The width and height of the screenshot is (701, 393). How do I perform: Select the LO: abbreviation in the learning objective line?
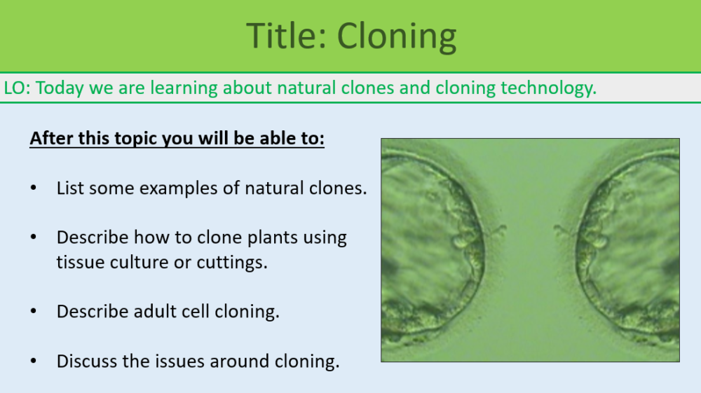point(17,88)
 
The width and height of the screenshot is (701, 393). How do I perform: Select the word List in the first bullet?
point(69,188)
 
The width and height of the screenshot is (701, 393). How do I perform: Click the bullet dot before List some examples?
point(34,189)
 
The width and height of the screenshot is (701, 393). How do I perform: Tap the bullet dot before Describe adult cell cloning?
point(34,312)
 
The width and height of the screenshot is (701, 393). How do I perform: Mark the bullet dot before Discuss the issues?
point(34,362)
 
